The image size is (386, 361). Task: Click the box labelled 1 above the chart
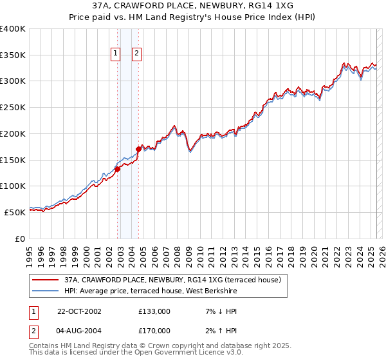116,54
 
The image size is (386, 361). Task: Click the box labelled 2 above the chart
137,54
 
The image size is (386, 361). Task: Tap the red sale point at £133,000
118,170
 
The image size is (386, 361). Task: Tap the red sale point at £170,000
138,150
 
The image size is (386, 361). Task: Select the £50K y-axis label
15,212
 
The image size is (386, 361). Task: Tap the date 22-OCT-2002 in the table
79,311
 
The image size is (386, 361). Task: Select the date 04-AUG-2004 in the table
79,331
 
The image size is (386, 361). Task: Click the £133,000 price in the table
154,311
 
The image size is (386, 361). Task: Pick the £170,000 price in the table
154,331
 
